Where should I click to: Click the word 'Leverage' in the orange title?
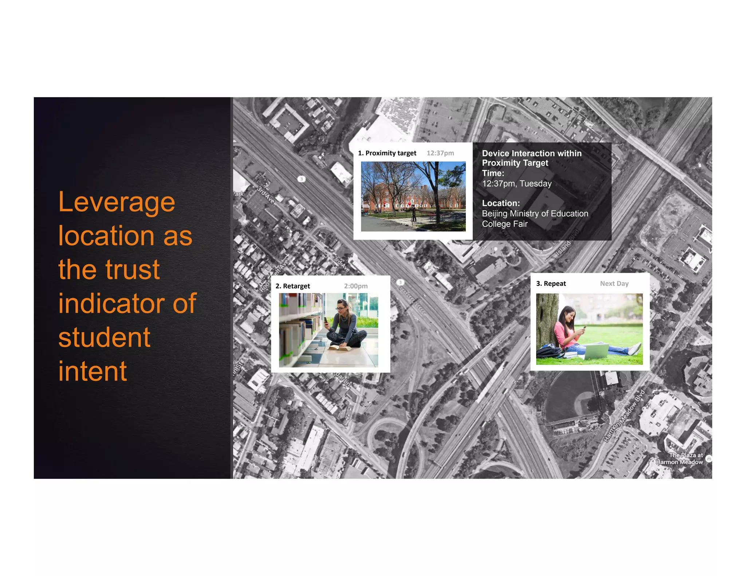pyautogui.click(x=117, y=202)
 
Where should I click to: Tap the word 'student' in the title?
pyautogui.click(x=104, y=338)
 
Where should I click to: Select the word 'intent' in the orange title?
pyautogui.click(x=93, y=371)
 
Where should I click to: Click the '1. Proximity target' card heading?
pyautogui.click(x=387, y=153)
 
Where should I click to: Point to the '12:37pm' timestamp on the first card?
pyautogui.click(x=440, y=153)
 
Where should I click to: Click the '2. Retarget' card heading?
pyautogui.click(x=292, y=286)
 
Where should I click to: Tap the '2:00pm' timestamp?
pyautogui.click(x=356, y=286)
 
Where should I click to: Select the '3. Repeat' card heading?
pyautogui.click(x=551, y=284)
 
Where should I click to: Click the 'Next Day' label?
pyautogui.click(x=614, y=284)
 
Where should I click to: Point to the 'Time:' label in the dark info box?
pyautogui.click(x=493, y=173)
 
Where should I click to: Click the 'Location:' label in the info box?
pyautogui.click(x=501, y=203)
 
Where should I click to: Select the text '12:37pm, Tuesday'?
pyautogui.click(x=517, y=184)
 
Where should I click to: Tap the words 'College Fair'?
pyautogui.click(x=504, y=224)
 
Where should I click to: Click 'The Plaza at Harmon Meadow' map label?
pyautogui.click(x=680, y=459)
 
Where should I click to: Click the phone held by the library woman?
pyautogui.click(x=326, y=320)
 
